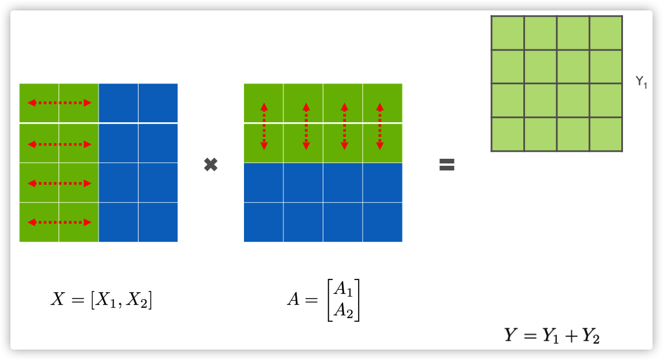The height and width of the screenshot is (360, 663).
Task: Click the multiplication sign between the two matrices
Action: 211,165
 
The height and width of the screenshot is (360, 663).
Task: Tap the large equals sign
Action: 447,165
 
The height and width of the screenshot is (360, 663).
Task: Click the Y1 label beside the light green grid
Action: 641,83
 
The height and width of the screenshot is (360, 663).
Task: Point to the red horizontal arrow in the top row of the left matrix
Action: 60,103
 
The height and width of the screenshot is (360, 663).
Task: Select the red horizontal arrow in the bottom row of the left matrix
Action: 60,222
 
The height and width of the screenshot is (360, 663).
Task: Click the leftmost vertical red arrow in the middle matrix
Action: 264,126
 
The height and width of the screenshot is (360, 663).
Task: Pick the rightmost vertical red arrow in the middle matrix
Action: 380,126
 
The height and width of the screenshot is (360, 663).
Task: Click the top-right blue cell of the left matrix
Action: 158,103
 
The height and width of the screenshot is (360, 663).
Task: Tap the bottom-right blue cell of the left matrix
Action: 158,222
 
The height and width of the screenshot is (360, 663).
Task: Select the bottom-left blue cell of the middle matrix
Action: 264,222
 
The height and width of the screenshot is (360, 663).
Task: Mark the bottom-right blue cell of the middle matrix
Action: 382,222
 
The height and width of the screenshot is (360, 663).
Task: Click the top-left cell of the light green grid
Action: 508,33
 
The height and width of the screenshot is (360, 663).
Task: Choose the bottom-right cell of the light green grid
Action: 606,134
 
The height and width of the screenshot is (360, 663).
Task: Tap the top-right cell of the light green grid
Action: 606,33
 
